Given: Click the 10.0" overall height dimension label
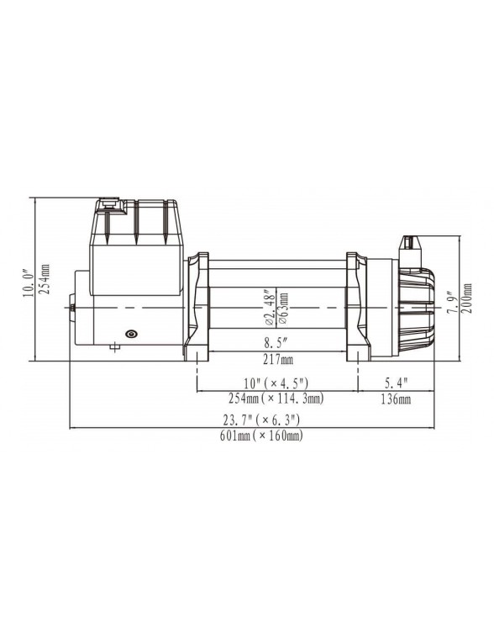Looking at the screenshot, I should tap(27, 282).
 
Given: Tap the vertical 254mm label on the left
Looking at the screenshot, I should tap(45, 281).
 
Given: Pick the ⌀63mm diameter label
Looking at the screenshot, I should tap(283, 309).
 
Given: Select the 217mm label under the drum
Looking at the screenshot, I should tap(277, 360).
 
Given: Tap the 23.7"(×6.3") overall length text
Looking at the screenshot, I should tap(267, 420).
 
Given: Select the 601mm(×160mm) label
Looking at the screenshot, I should tap(267, 436).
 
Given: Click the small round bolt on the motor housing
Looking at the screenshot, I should tap(130, 335).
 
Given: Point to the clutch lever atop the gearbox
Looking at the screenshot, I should tap(409, 245).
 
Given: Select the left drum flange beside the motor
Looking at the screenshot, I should tap(198, 307).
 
